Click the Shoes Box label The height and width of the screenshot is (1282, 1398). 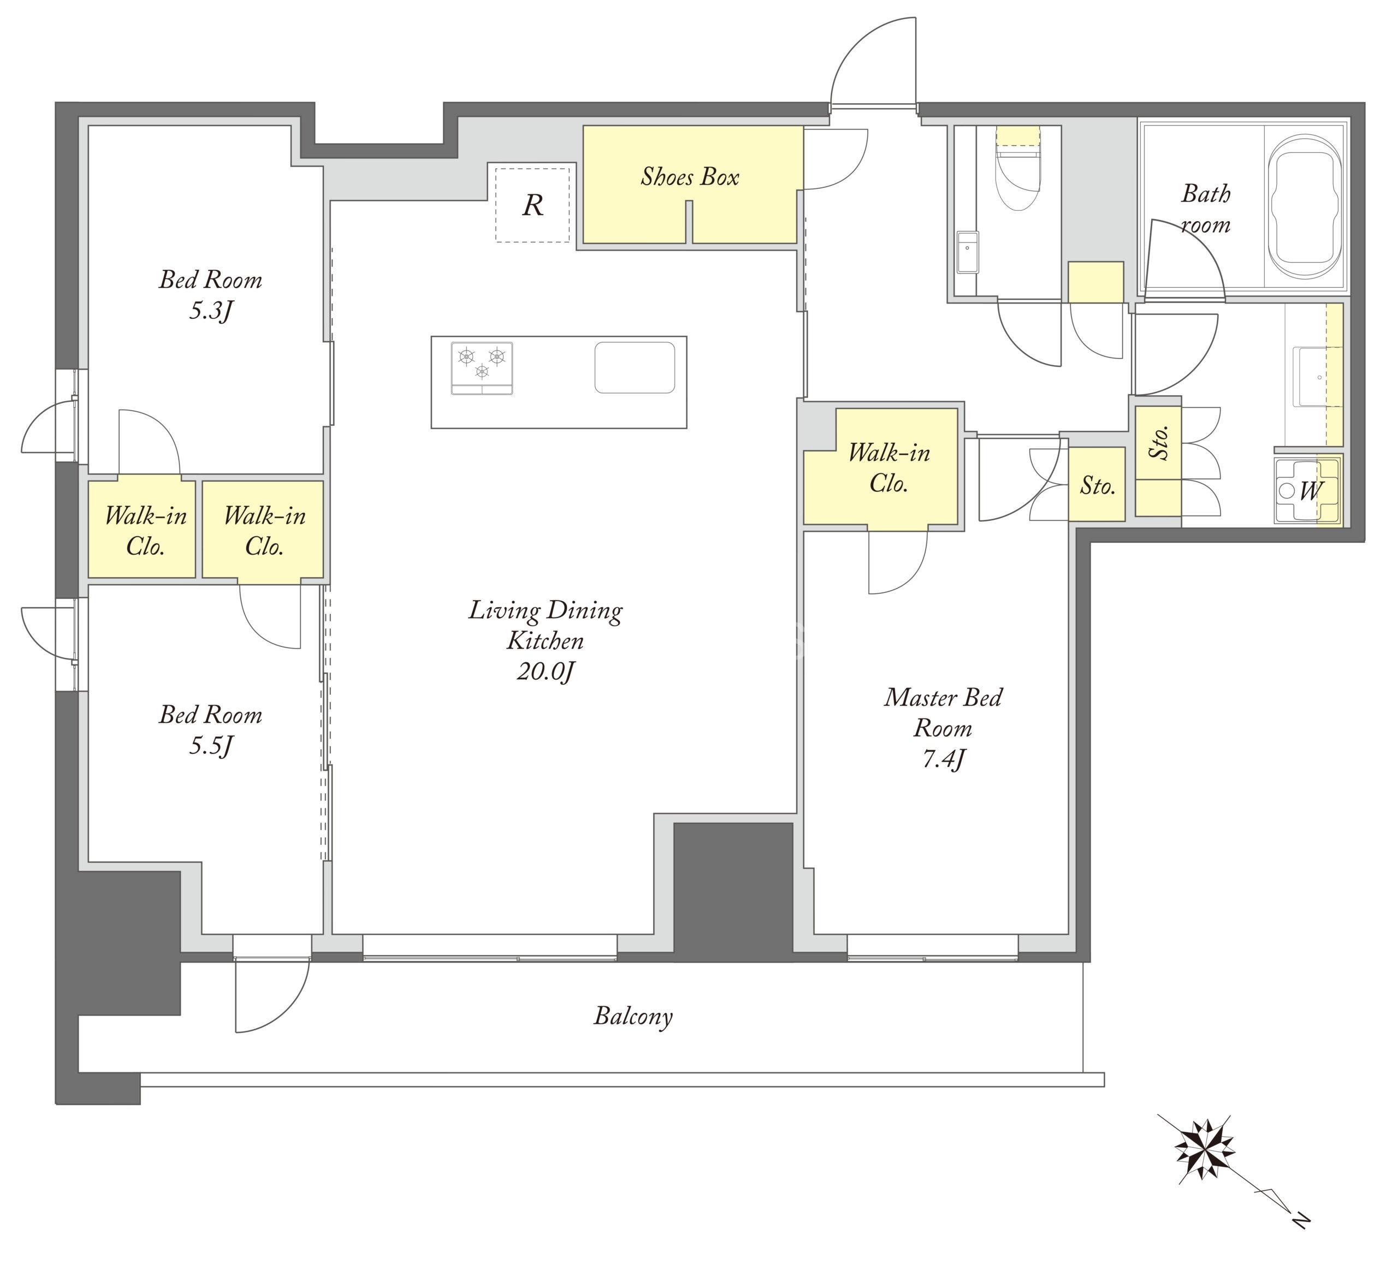coord(690,177)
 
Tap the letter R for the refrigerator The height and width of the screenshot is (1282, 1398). coord(532,205)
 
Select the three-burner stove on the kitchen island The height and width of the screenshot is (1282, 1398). coord(482,367)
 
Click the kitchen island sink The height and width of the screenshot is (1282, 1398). coord(635,367)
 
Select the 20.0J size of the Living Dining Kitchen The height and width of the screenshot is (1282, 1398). coord(546,672)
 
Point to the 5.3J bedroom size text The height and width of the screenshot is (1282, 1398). coord(210,311)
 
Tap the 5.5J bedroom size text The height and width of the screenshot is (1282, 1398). coord(210,746)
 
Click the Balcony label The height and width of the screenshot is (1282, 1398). coord(633,1016)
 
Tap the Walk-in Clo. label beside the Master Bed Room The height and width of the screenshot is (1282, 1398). coord(888,468)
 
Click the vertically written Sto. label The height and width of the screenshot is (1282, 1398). coord(1157,442)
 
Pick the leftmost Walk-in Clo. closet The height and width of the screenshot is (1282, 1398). coord(141,529)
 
